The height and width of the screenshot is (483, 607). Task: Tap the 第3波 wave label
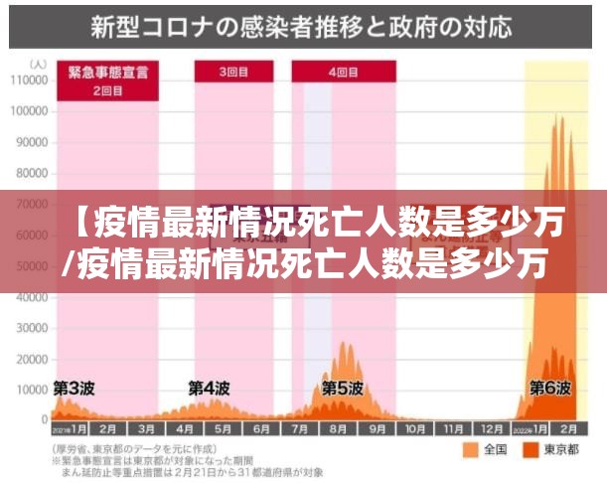coord(74,387)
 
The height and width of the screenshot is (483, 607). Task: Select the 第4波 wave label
coord(210,387)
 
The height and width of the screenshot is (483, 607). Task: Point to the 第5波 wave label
coord(342,387)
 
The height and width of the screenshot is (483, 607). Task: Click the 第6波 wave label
coord(549,387)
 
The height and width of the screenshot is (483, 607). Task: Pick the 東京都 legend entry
coord(563,451)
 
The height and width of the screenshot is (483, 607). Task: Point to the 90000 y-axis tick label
coord(30,141)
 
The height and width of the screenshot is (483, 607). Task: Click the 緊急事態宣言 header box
coord(107,71)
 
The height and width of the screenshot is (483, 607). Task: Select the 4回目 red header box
coord(344,71)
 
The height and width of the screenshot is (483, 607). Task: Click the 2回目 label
coord(107,90)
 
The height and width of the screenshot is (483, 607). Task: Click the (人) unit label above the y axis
coord(38,64)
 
